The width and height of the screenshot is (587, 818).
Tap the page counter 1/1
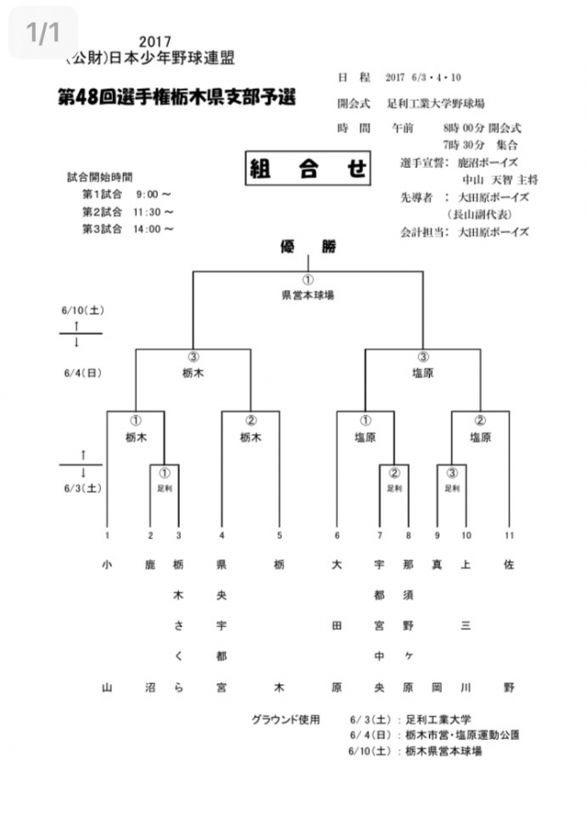(43, 33)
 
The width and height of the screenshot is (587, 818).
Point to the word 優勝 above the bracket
(308, 246)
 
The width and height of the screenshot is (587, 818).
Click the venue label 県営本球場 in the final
(307, 296)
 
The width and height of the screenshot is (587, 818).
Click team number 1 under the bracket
(107, 536)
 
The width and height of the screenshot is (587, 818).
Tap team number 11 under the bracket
(509, 536)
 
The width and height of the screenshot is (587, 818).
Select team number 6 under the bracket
(337, 536)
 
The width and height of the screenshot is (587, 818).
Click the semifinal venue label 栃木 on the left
(194, 373)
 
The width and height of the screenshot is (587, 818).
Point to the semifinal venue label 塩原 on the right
(423, 373)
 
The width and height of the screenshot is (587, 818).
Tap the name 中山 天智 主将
(501, 179)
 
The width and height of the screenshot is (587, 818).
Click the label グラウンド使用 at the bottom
(286, 719)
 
